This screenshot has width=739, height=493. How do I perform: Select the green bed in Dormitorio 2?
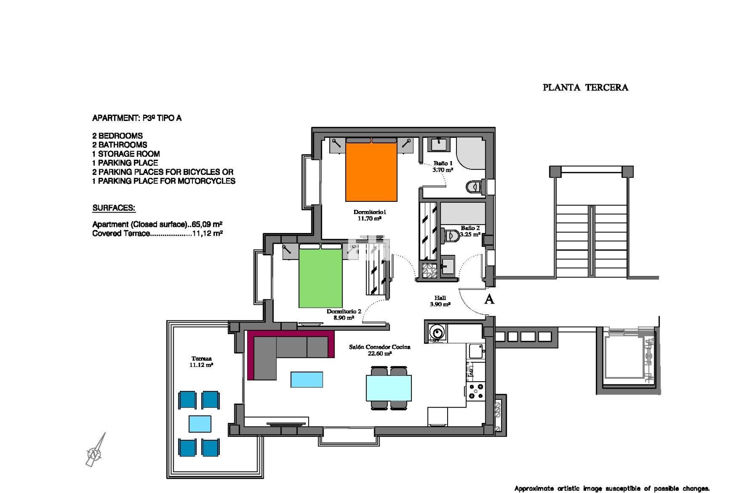tap(320, 276)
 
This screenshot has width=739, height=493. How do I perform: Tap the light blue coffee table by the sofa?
tap(307, 379)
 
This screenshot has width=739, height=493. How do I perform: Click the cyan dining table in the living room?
tap(389, 388)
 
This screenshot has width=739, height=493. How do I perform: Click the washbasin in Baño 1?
tap(438, 144)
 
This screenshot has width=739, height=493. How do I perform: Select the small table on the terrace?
tap(200, 424)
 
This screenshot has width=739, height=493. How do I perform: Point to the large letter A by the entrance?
tap(489, 299)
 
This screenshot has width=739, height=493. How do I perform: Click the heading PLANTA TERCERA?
tap(585, 87)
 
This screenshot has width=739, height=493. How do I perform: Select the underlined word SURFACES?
tap(114, 208)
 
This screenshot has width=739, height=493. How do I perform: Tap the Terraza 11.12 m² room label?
tap(201, 362)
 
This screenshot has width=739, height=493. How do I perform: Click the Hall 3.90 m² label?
tap(440, 301)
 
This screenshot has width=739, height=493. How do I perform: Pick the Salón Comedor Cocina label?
tap(380, 347)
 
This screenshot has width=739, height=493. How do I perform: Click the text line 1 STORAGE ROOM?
tap(126, 154)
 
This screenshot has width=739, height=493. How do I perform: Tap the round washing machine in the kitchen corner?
tap(437, 332)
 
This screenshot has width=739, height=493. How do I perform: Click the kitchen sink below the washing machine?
tap(476, 351)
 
